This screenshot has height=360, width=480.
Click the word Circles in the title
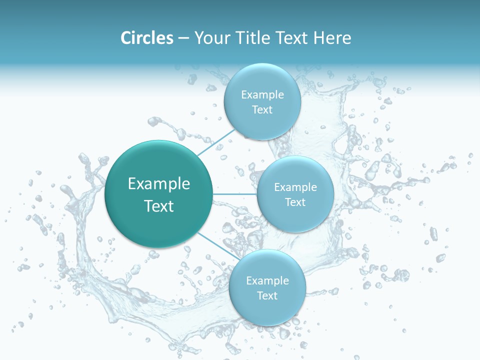click(146, 38)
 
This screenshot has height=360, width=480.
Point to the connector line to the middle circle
click(235, 193)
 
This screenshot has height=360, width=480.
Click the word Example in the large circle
click(159, 184)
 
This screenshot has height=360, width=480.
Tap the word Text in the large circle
click(159, 206)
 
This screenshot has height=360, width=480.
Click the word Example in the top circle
click(262, 94)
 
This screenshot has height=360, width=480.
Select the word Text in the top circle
click(262, 109)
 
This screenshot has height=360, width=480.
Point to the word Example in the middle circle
click(295, 187)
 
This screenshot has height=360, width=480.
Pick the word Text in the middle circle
click(295, 202)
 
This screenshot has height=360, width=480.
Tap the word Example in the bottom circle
click(267, 280)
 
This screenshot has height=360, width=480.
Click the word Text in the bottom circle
click(267, 295)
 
